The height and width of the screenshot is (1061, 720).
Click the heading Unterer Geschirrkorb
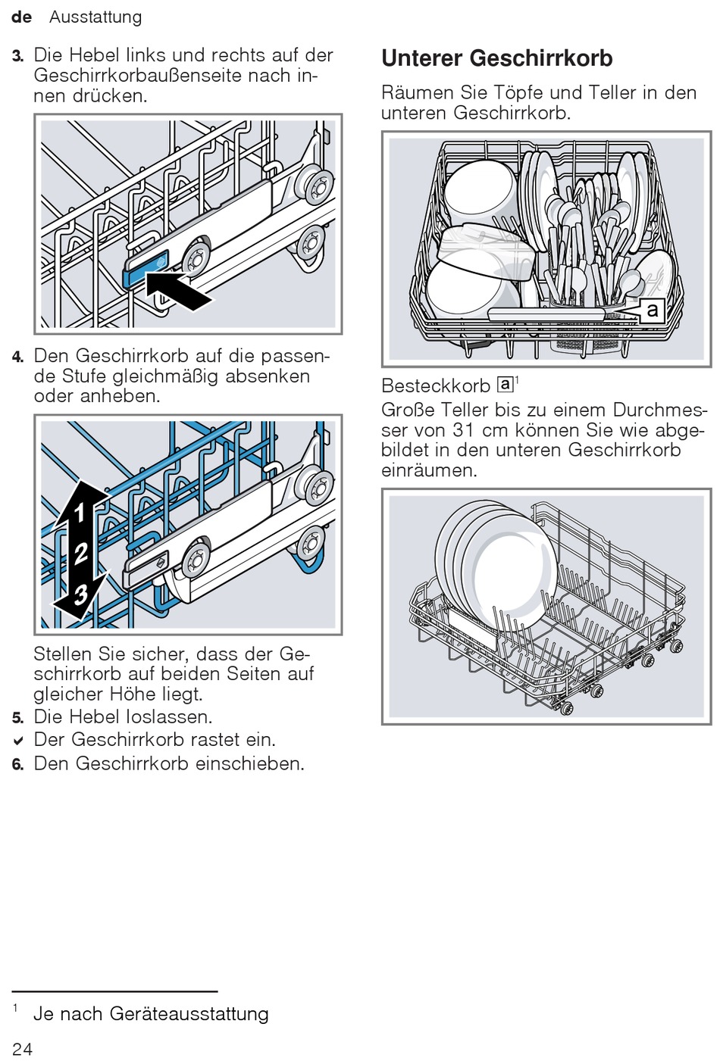496,58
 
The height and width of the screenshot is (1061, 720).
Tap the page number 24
23,1048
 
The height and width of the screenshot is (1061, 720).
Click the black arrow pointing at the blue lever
179,291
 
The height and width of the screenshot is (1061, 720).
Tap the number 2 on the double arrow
80,554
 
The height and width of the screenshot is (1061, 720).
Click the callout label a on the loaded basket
652,310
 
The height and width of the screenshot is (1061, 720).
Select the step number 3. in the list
18,56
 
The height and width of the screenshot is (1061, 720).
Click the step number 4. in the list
18,357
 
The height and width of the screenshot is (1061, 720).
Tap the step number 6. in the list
18,764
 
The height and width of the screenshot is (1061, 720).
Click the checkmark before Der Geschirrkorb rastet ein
18,741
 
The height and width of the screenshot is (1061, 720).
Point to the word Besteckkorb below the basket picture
435,385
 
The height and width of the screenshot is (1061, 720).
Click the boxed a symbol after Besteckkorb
505,384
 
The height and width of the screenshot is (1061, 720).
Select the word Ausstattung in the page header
95,17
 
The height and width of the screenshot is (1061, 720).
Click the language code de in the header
22,17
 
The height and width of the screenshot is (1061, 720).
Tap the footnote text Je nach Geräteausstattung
151,1013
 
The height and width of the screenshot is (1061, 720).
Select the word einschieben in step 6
250,763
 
